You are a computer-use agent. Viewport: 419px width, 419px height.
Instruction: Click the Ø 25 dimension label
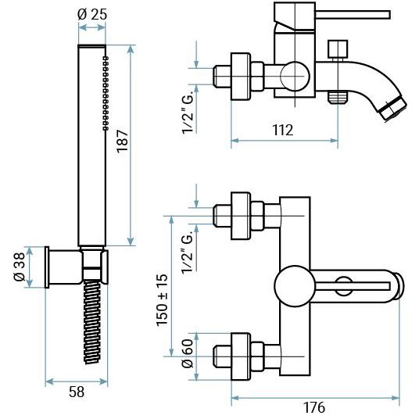92,14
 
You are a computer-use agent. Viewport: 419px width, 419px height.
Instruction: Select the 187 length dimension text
123,141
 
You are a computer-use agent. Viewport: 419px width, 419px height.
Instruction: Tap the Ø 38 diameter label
20,267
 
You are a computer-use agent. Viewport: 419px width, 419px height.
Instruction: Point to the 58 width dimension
77,392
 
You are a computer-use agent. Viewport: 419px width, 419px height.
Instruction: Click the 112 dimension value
282,130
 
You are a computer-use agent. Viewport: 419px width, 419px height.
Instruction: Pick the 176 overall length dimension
314,407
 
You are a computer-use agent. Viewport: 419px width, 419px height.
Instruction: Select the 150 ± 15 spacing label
162,300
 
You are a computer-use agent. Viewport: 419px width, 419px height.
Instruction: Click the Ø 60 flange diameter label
187,353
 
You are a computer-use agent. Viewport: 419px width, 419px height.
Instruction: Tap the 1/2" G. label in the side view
188,114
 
